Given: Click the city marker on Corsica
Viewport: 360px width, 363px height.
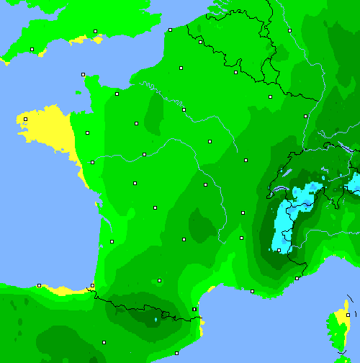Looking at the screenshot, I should point(347,315).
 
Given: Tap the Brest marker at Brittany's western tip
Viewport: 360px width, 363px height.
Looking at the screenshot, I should point(25,120).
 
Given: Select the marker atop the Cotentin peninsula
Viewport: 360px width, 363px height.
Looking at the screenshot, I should point(84,74).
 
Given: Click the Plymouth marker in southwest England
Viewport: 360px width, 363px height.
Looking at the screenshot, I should point(32,49).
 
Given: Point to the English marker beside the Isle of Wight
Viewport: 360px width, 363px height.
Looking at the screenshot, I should point(95,32).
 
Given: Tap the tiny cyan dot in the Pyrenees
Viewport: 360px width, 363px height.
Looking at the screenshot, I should point(156,319).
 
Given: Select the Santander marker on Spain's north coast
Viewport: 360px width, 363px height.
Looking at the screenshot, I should point(39,285).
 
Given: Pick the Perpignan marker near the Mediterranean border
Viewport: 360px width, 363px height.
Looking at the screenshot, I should point(194,310).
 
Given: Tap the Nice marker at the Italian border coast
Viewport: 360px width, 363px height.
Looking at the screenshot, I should point(297,278).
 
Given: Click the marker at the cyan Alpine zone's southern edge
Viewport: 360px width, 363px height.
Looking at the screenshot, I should point(279,250).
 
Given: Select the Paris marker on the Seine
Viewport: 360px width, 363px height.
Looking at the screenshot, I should point(184,109).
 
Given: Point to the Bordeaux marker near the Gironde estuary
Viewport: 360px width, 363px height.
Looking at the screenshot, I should point(112,241).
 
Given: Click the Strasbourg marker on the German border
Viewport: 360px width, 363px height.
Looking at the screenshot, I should point(305,116).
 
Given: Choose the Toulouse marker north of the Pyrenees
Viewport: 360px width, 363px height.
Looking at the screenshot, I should point(159,280).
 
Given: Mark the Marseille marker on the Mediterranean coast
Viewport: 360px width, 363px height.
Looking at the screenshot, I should point(252,291).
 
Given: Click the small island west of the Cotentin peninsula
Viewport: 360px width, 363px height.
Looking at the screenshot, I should point(78,91).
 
